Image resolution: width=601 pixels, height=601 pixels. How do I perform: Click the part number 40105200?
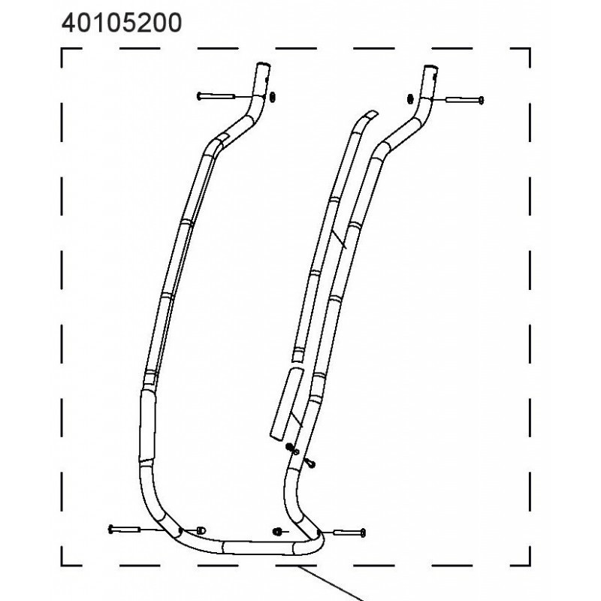pyautogui.click(x=122, y=23)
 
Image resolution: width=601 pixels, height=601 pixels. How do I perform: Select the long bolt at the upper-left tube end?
pyautogui.click(x=216, y=96)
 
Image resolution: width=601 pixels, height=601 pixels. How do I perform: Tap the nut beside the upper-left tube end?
pyautogui.click(x=273, y=98)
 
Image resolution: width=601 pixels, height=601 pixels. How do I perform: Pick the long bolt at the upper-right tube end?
pyautogui.click(x=464, y=101)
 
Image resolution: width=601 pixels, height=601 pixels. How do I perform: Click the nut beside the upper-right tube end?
pyautogui.click(x=409, y=99)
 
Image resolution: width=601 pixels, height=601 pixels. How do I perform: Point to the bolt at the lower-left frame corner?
pyautogui.click(x=124, y=530)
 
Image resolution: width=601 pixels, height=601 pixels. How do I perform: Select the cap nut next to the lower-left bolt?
pyautogui.click(x=201, y=530)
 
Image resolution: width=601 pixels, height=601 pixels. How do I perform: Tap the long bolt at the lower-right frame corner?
pyautogui.click(x=350, y=533)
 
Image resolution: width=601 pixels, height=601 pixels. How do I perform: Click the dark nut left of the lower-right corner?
pyautogui.click(x=277, y=531)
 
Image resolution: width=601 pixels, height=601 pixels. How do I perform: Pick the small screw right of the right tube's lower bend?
pyautogui.click(x=310, y=463)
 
